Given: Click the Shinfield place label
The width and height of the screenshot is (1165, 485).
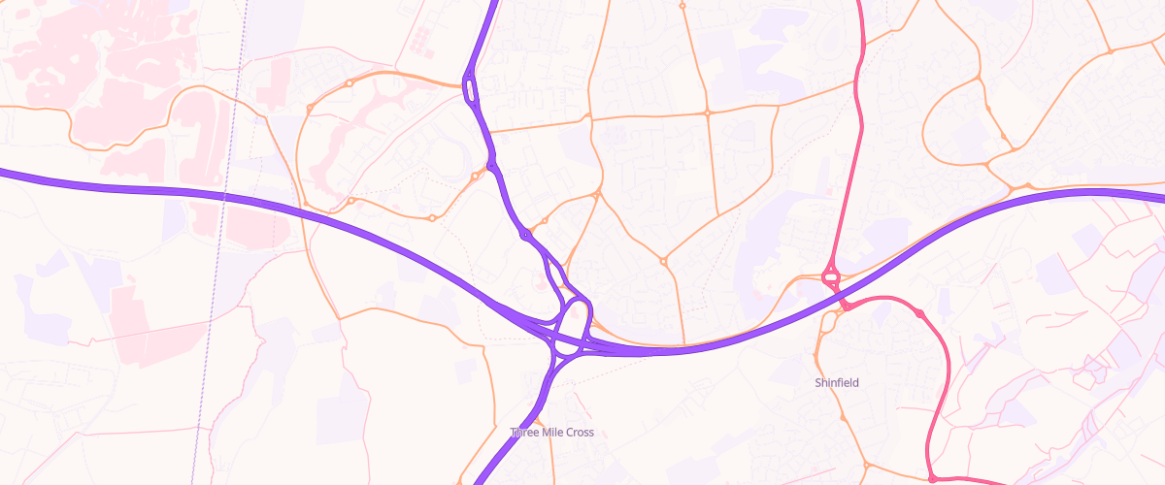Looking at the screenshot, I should (836, 383).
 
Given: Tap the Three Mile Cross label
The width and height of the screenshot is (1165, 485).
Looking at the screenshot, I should (551, 433).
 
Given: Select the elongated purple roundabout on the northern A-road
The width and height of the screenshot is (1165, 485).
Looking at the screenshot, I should (471, 89).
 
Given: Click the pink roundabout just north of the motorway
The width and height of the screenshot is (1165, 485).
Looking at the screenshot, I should (831, 277).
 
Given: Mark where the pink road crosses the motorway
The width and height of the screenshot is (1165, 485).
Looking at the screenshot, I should (837, 292).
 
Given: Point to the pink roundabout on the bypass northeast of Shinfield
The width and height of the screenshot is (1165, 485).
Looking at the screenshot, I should (919, 313).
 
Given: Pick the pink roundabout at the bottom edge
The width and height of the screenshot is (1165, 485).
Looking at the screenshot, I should (932, 478).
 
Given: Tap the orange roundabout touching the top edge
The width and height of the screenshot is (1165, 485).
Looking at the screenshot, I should (682, 6).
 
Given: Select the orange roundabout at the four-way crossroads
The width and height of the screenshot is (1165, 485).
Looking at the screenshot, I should (708, 113).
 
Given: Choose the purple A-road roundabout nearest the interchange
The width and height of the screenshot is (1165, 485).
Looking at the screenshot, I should (525, 235).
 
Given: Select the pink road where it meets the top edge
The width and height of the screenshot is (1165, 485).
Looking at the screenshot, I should (860, 4).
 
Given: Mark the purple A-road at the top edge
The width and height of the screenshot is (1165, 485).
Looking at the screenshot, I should (494, 4).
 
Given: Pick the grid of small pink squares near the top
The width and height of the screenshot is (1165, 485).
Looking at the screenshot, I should (419, 40).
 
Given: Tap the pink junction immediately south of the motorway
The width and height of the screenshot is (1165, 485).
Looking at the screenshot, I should (846, 307).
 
